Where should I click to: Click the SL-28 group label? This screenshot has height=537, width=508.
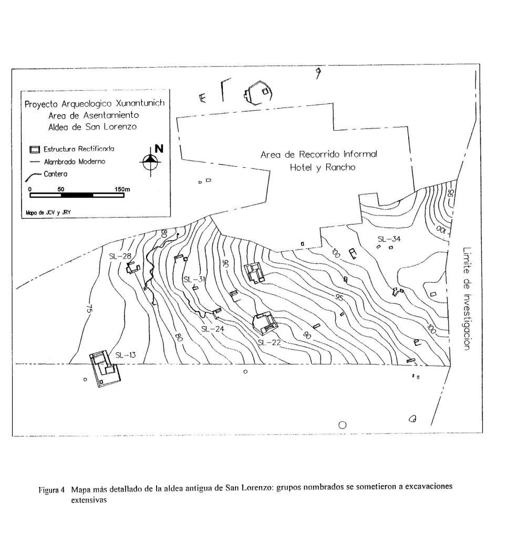(120, 256)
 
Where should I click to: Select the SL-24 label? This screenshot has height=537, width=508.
(213, 329)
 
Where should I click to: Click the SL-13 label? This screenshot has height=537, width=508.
(126, 355)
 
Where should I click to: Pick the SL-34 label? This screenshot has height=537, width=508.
(389, 239)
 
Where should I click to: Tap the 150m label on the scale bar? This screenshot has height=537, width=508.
(122, 189)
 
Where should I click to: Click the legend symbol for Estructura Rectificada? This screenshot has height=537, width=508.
(35, 149)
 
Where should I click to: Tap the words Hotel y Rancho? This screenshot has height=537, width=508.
(323, 168)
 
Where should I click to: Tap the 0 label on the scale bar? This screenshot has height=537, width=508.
(30, 189)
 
